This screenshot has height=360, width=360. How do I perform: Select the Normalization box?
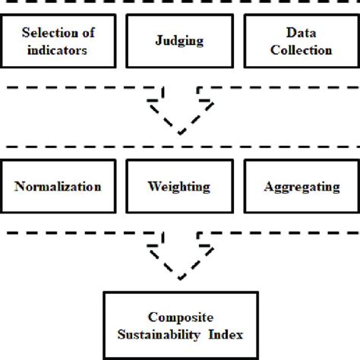[58, 186]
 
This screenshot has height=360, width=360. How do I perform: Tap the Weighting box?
[180, 186]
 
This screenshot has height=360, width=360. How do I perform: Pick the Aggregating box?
[302, 186]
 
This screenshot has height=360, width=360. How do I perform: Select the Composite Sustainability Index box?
[180, 326]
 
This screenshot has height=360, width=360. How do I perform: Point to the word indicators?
[58, 51]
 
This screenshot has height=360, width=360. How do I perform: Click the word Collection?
[302, 51]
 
